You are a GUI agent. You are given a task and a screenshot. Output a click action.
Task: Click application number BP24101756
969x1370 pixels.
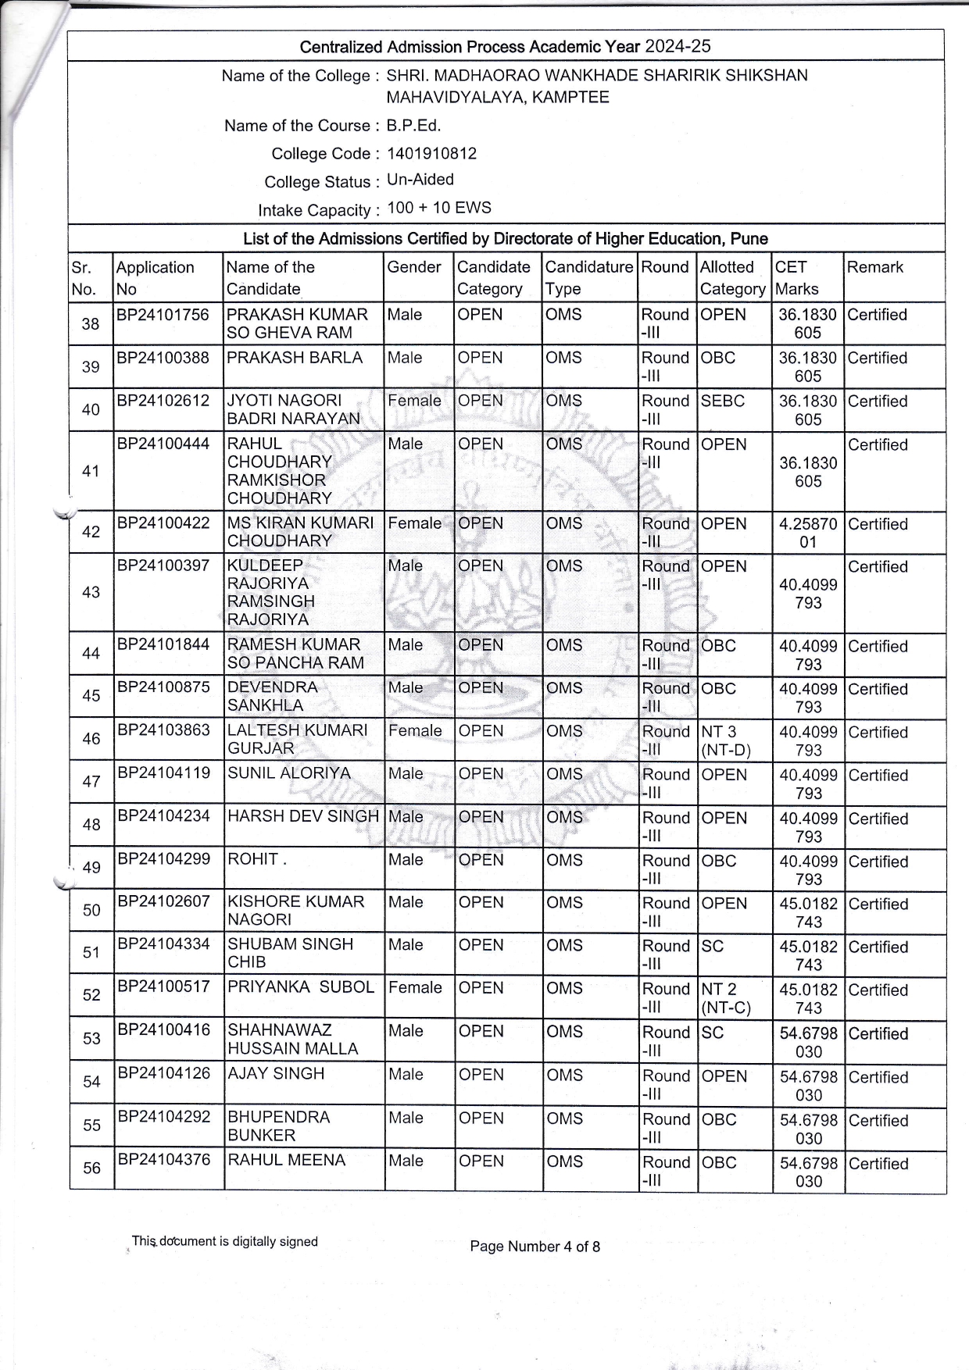pyautogui.click(x=163, y=315)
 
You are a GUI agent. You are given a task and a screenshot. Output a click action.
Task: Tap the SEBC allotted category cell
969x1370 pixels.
pyautogui.click(x=723, y=401)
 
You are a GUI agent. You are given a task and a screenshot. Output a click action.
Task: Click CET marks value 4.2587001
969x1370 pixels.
pyautogui.click(x=807, y=533)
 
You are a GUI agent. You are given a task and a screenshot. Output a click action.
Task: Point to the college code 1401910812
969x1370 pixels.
pyautogui.click(x=431, y=153)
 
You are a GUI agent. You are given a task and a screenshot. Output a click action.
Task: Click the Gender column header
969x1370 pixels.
pyautogui.click(x=414, y=267)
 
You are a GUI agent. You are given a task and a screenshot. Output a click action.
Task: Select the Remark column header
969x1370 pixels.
pyautogui.click(x=874, y=267)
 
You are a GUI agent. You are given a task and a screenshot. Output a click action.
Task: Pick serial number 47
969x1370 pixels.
pyautogui.click(x=91, y=782)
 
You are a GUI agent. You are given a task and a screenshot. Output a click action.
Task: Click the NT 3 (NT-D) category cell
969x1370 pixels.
pyautogui.click(x=726, y=741)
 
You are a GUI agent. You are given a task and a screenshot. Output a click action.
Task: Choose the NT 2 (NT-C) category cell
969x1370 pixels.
pyautogui.click(x=726, y=998)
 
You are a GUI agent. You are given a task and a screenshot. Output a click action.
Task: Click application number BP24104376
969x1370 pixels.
pyautogui.click(x=164, y=1160)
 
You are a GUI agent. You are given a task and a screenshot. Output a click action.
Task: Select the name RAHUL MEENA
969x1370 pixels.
pyautogui.click(x=286, y=1160)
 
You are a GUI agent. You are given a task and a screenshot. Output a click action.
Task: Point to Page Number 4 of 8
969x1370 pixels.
pyautogui.click(x=535, y=1247)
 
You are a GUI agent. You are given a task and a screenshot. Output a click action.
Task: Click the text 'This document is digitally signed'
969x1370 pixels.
pyautogui.click(x=225, y=1241)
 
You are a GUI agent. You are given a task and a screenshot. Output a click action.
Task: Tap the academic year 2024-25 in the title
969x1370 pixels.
pyautogui.click(x=678, y=46)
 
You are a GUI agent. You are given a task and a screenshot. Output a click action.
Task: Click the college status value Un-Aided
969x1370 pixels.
pyautogui.click(x=420, y=180)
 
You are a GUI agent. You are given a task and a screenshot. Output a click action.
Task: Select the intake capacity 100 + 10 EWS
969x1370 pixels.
pyautogui.click(x=439, y=208)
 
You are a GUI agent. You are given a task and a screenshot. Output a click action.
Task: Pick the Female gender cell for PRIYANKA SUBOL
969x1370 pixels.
pyautogui.click(x=415, y=988)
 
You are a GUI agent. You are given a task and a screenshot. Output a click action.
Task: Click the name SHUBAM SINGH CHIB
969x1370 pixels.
pyautogui.click(x=290, y=953)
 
